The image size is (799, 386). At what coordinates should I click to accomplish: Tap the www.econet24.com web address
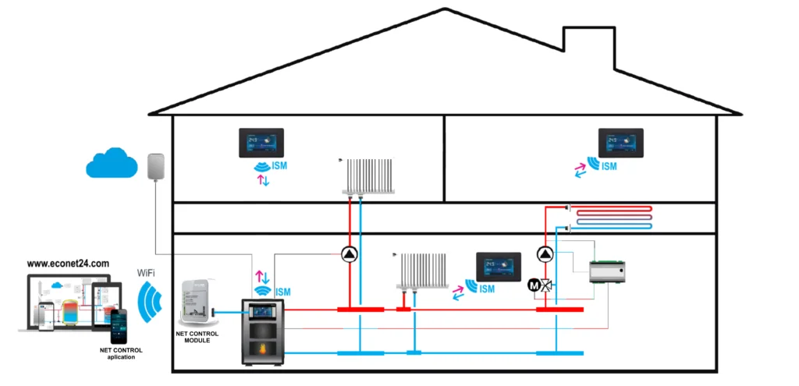tap(68, 264)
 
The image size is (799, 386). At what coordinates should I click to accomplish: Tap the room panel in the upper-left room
tap(261, 143)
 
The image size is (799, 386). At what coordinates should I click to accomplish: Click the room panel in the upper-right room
tap(620, 143)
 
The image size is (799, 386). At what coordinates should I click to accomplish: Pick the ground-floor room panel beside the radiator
tap(499, 265)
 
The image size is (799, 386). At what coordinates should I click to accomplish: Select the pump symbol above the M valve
tap(545, 254)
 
